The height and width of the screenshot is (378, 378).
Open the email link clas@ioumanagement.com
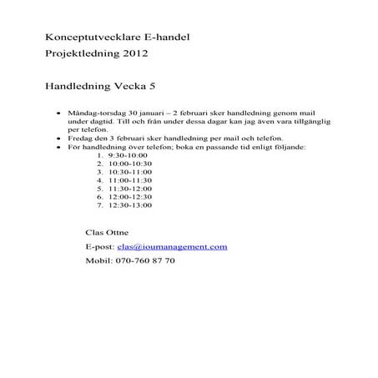[x=173, y=247]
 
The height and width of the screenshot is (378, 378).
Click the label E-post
[x=100, y=247]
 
